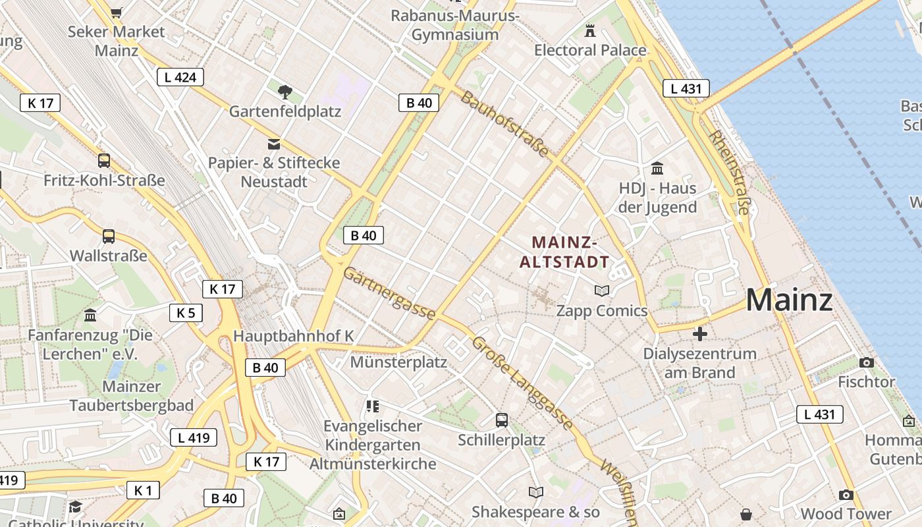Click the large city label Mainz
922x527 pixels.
pyautogui.click(x=789, y=300)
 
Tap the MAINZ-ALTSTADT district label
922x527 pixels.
pyautogui.click(x=564, y=252)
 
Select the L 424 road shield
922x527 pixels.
pyautogui.click(x=180, y=77)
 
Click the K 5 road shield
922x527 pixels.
pyautogui.click(x=186, y=313)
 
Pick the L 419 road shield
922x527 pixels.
pyautogui.click(x=194, y=437)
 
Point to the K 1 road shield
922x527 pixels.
pyautogui.click(x=143, y=490)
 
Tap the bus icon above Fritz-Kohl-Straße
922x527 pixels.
pyautogui.click(x=104, y=160)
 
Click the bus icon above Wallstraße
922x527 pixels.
pyautogui.click(x=109, y=236)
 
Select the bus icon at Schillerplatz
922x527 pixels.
pyautogui.click(x=502, y=420)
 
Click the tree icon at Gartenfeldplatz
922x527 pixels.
pyautogui.click(x=285, y=92)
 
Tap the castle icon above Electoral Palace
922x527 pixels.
pyautogui.click(x=590, y=30)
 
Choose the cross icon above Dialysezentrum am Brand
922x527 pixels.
pyautogui.click(x=700, y=334)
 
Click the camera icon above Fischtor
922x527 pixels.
pyautogui.click(x=867, y=362)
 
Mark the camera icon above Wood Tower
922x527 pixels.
pyautogui.click(x=846, y=495)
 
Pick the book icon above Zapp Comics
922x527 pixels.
pyautogui.click(x=602, y=291)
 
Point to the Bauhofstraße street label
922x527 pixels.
pyautogui.click(x=504, y=125)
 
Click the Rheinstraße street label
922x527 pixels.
pyautogui.click(x=729, y=172)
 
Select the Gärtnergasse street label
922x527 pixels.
pyautogui.click(x=389, y=294)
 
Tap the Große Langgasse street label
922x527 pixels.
pyautogui.click(x=522, y=383)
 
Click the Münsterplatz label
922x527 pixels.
pyautogui.click(x=398, y=362)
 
